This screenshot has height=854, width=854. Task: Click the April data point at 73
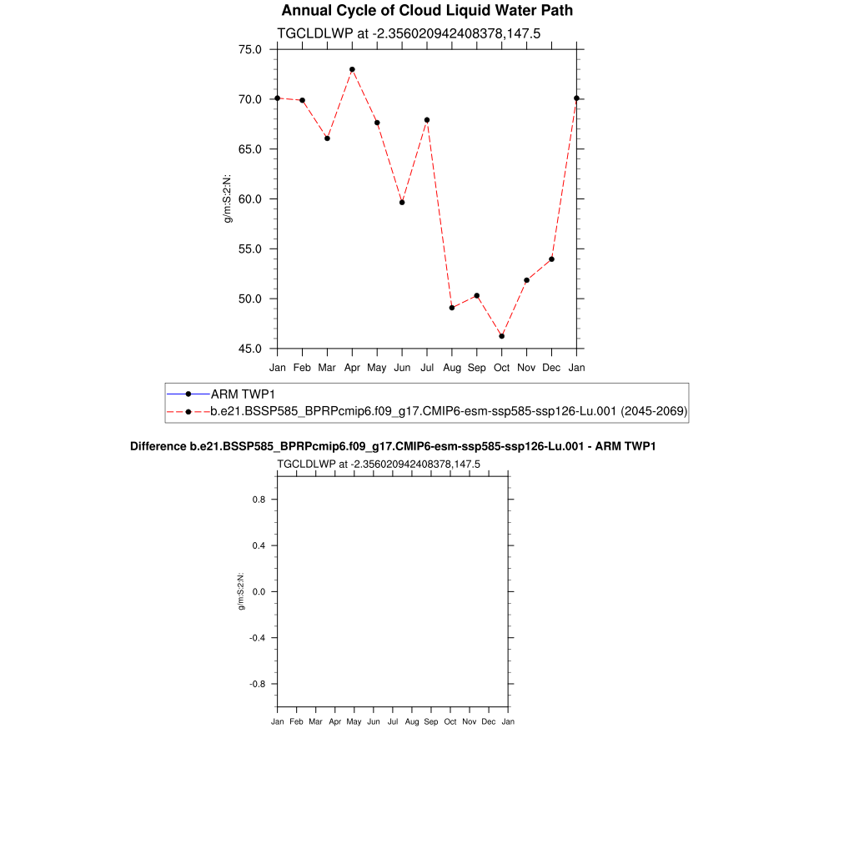(352, 69)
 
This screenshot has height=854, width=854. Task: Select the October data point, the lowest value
(501, 336)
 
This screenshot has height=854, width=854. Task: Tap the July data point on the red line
(427, 120)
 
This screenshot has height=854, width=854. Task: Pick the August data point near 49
(452, 308)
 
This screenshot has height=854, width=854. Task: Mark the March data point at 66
(327, 138)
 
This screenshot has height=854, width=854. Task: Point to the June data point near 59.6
(402, 202)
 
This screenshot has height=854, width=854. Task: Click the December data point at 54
(551, 259)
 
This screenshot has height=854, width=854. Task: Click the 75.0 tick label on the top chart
(250, 49)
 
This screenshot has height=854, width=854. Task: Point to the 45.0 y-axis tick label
(250, 349)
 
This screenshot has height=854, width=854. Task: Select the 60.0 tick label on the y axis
(250, 199)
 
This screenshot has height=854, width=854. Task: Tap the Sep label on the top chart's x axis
(476, 367)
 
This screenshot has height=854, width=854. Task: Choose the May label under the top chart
(377, 367)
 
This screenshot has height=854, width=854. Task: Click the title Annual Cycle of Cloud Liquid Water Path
(427, 11)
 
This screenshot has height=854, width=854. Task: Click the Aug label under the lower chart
(412, 721)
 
